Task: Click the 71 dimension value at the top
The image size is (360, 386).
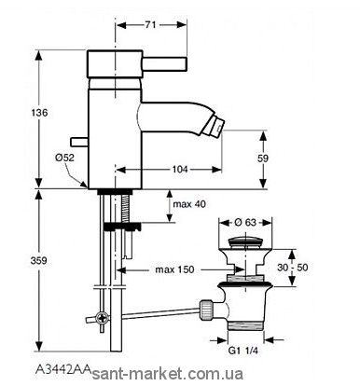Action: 150,25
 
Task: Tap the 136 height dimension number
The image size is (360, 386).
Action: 40,113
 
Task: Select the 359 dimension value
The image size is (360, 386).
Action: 39,260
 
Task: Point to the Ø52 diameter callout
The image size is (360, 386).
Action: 64,158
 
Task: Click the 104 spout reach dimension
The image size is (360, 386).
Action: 180,169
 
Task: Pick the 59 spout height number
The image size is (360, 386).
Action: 263,159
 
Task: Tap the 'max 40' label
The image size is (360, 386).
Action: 189,204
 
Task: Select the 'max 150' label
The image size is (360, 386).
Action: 174,269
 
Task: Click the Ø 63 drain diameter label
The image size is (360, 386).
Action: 245,223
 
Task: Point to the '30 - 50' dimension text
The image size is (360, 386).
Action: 293,267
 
